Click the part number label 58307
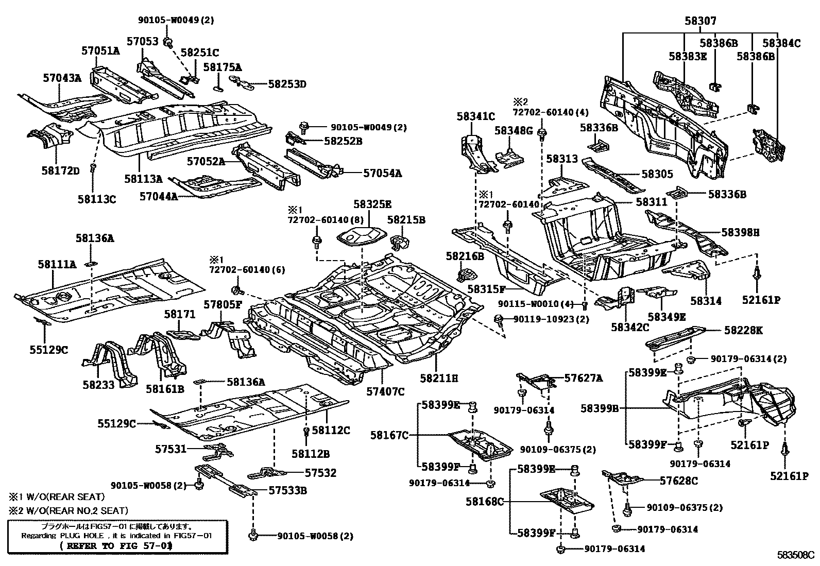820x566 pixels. pyautogui.click(x=701, y=21)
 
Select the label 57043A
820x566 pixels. pyautogui.click(x=62, y=78)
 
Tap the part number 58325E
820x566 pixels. pyautogui.click(x=372, y=204)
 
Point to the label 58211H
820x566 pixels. pyautogui.click(x=439, y=378)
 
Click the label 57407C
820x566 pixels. pyautogui.click(x=385, y=392)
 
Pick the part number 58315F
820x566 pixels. pyautogui.click(x=487, y=289)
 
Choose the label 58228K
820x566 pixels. pyautogui.click(x=743, y=330)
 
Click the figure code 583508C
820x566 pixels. pyautogui.click(x=798, y=555)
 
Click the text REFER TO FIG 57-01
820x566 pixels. pyautogui.click(x=116, y=546)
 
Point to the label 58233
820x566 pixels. pyautogui.click(x=98, y=385)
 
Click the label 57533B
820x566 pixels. pyautogui.click(x=288, y=490)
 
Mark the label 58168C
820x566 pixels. pyautogui.click(x=485, y=501)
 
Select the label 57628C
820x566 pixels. pyautogui.click(x=679, y=481)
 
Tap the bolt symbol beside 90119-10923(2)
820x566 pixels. pyautogui.click(x=498, y=319)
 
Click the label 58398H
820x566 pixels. pyautogui.click(x=741, y=232)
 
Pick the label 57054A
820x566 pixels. pyautogui.click(x=382, y=173)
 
